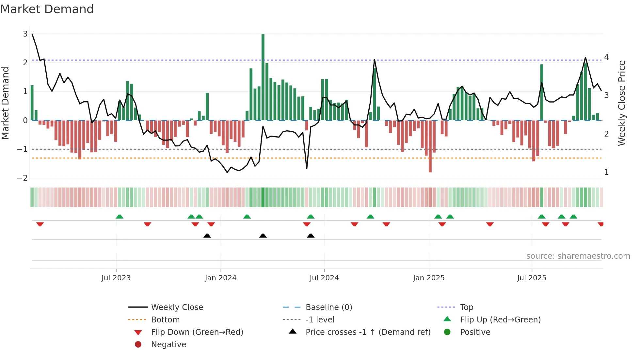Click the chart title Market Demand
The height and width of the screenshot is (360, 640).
(47, 9)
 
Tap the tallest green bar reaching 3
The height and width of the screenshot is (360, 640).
(263, 77)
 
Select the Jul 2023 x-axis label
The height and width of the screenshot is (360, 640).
(116, 278)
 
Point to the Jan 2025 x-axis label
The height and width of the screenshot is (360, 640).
(428, 278)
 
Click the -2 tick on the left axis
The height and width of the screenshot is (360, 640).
(23, 178)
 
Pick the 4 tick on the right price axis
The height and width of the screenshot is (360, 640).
(606, 57)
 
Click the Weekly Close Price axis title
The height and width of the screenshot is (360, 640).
(622, 103)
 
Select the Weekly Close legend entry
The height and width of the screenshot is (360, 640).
(177, 307)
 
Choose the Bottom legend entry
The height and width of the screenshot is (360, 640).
(165, 320)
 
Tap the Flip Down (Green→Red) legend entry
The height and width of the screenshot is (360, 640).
(197, 332)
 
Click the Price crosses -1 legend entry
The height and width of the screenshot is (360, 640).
(368, 332)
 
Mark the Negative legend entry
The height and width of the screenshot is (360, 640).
(168, 345)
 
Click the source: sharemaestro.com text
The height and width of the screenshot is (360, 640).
(578, 256)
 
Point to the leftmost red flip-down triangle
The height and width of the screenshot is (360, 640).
(40, 224)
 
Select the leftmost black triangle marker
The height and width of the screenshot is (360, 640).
(207, 236)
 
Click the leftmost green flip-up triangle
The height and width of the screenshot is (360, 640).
(120, 217)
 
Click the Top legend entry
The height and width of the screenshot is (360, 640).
(466, 307)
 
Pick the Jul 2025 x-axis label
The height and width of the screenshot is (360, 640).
(532, 278)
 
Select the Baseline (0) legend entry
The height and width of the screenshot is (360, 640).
(328, 307)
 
